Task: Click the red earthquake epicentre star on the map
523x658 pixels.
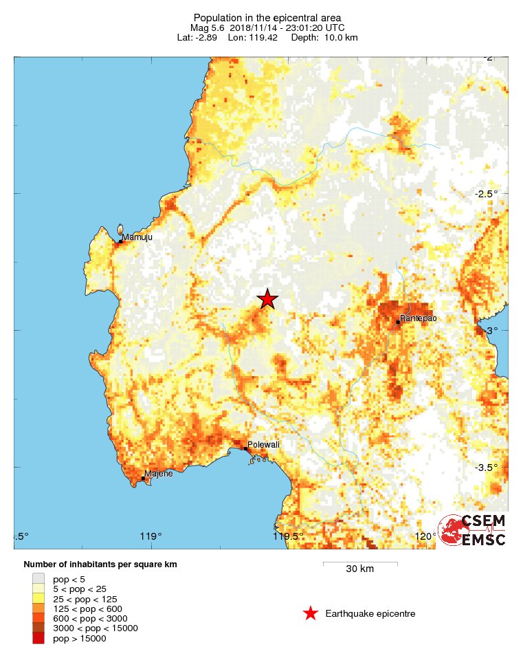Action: pos(267,298)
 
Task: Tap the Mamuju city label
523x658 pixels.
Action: pos(137,237)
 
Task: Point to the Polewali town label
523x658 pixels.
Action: pos(263,445)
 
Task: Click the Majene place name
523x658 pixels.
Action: pos(158,473)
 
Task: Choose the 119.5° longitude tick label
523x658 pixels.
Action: pos(288,536)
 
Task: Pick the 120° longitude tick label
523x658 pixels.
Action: pos(424,536)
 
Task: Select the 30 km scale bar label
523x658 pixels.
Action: pos(359,569)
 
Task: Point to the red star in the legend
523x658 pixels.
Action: pos(311,613)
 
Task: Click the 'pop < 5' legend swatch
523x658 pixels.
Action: pos(38,579)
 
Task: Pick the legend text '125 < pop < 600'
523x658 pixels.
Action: pos(87,608)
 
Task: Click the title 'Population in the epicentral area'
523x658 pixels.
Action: pos(267,17)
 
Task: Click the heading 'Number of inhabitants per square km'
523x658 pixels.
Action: pos(100,564)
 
